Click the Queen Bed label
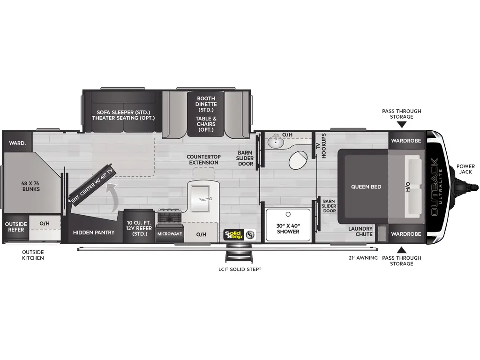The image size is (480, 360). point(366,187)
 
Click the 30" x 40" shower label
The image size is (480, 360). point(288,228)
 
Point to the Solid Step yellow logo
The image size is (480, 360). point(233,234)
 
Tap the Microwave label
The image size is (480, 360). point(169,233)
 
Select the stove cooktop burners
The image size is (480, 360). point(169,217)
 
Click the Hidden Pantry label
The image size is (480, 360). point(94,232)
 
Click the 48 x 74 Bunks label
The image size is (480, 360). point(30,186)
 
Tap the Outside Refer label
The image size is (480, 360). point(16,227)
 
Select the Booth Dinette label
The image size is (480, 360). point(206,105)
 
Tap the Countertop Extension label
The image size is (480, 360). point(203,159)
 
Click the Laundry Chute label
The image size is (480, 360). point(360,231)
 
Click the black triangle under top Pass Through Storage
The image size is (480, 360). point(401,125)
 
